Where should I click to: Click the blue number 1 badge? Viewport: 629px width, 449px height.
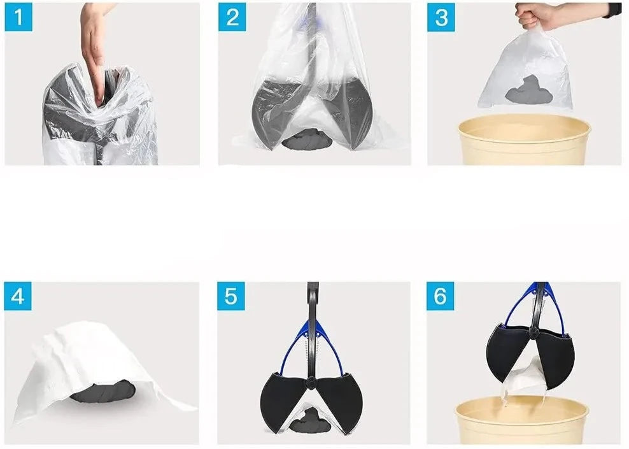pyautogui.click(x=18, y=17)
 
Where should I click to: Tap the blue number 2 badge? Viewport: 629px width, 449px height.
pyautogui.click(x=232, y=17)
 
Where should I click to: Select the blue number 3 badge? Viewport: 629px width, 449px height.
pyautogui.click(x=441, y=17)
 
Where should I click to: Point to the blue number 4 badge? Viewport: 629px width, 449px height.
pyautogui.click(x=18, y=296)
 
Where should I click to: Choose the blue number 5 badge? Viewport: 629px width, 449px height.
pyautogui.click(x=231, y=296)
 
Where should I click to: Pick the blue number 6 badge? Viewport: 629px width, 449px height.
pyautogui.click(x=440, y=296)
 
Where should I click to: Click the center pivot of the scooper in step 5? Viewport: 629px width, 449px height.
pyautogui.click(x=311, y=382)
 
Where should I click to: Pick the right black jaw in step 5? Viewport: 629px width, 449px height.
pyautogui.click(x=338, y=401)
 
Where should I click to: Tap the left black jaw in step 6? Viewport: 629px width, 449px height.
pyautogui.click(x=508, y=353)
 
